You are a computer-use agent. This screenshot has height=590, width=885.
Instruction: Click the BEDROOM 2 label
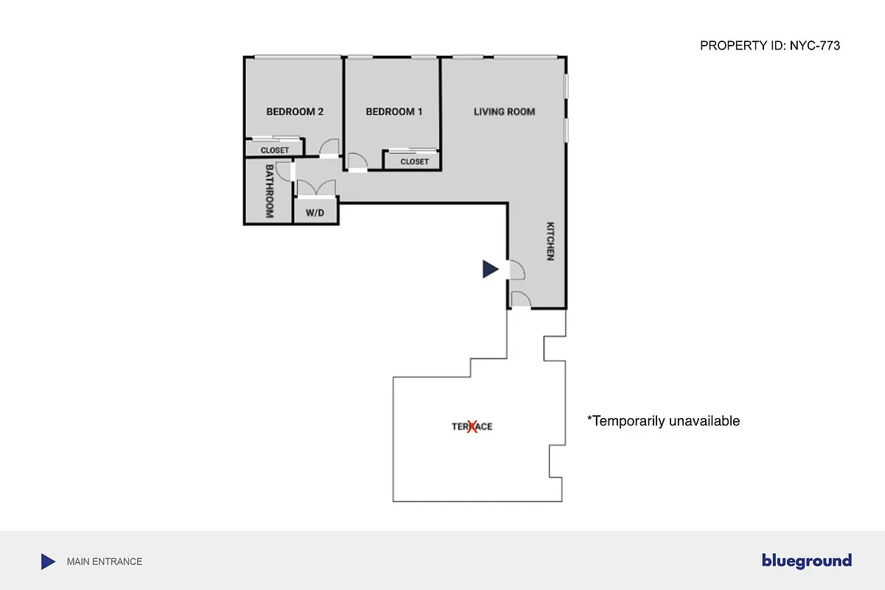click(x=295, y=112)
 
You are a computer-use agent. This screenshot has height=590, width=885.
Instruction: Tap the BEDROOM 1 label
click(x=395, y=112)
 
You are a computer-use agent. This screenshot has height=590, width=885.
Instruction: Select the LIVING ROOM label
click(x=504, y=112)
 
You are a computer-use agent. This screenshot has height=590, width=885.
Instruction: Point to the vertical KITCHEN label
click(x=550, y=241)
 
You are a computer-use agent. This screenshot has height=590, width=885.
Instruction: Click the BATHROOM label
click(x=269, y=191)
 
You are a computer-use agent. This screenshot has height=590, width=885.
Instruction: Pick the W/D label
click(x=315, y=213)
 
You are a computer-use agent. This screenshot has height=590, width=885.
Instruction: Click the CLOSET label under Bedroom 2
click(x=275, y=150)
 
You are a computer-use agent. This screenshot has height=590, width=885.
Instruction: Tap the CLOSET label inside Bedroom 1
click(x=414, y=162)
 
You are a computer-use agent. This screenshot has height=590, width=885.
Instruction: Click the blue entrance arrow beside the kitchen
click(x=490, y=269)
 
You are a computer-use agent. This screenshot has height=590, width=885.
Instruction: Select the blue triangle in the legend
click(x=48, y=562)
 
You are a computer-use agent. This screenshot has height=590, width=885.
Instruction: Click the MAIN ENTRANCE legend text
click(x=105, y=562)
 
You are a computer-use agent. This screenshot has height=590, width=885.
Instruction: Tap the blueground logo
click(x=807, y=561)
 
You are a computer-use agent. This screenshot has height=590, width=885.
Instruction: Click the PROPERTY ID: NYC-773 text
click(x=770, y=46)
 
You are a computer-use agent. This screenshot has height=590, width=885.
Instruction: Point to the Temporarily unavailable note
click(x=663, y=421)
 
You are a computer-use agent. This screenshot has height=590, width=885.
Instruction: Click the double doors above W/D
click(x=316, y=187)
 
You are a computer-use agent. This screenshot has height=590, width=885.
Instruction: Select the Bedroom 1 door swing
click(x=357, y=162)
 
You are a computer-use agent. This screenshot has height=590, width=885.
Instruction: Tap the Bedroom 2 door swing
click(x=330, y=147)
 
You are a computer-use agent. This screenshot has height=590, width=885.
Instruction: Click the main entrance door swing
click(x=516, y=271)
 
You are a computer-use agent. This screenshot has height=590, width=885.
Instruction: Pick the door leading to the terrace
click(x=520, y=299)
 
